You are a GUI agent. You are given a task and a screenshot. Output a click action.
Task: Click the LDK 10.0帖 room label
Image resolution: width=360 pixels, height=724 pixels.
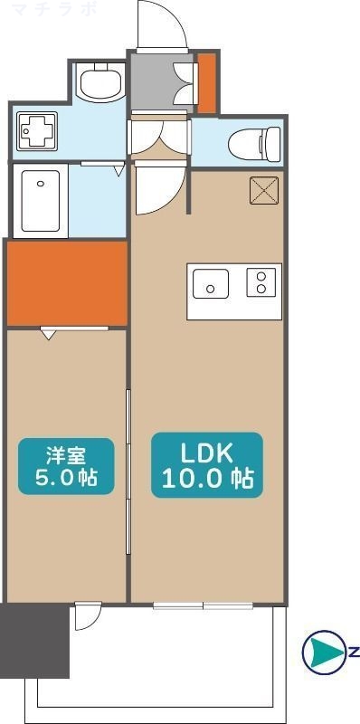coord(207,464)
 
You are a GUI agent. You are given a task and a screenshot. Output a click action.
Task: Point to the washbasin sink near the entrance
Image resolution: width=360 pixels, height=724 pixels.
coord(99,83)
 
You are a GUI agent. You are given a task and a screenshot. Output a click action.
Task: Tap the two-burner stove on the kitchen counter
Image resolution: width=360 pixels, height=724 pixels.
coord(262,283)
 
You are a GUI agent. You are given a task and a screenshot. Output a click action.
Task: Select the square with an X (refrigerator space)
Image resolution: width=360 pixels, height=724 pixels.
coord(265,190)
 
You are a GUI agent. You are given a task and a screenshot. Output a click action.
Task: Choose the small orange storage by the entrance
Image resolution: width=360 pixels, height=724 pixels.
coord(207,83)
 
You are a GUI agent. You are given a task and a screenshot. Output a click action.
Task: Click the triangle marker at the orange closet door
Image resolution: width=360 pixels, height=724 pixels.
coord(49,334)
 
